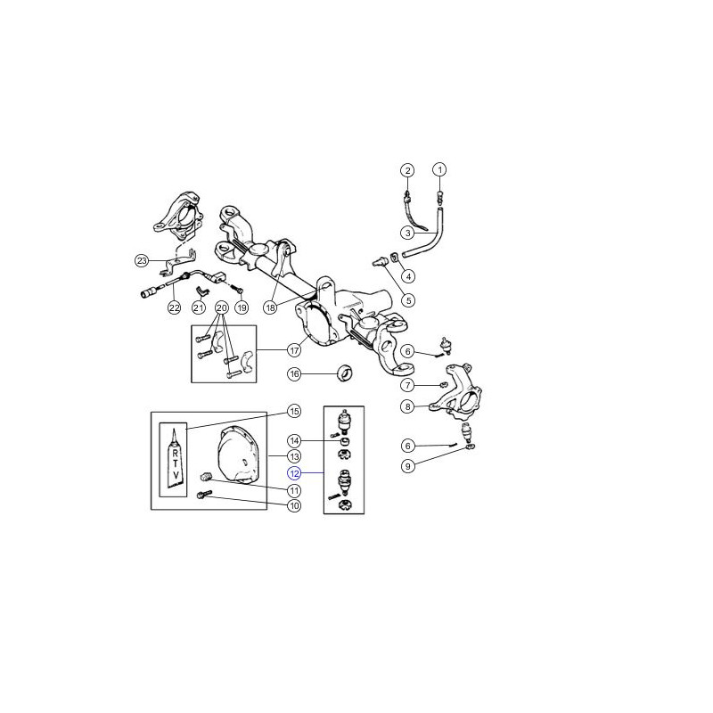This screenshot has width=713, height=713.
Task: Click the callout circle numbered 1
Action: pyautogui.click(x=439, y=170)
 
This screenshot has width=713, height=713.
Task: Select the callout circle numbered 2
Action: pyautogui.click(x=407, y=170)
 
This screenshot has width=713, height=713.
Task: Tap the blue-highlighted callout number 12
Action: pyautogui.click(x=294, y=473)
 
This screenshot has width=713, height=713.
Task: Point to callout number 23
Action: pyautogui.click(x=142, y=260)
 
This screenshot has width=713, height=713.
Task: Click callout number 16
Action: pyautogui.click(x=294, y=374)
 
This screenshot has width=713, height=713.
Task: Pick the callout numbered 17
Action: pyautogui.click(x=294, y=350)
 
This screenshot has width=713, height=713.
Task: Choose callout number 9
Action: pyautogui.click(x=408, y=466)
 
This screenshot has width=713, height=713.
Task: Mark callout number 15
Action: pyautogui.click(x=294, y=411)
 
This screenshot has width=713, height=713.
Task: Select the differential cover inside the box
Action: pyautogui.click(x=237, y=454)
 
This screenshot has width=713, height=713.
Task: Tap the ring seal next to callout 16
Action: pyautogui.click(x=346, y=373)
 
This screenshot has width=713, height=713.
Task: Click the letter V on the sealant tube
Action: pyautogui.click(x=176, y=475)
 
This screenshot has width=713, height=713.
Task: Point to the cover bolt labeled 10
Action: pyautogui.click(x=203, y=495)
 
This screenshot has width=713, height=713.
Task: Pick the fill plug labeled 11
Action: pyautogui.click(x=206, y=477)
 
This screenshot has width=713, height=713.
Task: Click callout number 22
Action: pyautogui.click(x=175, y=307)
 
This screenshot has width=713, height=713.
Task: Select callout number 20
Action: pyautogui.click(x=221, y=307)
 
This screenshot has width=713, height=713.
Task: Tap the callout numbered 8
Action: pyautogui.click(x=408, y=406)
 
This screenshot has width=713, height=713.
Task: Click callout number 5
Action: pyautogui.click(x=408, y=300)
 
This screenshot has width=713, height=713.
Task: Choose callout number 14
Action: pyautogui.click(x=294, y=440)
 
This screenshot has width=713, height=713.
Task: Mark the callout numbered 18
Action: pyautogui.click(x=271, y=307)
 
